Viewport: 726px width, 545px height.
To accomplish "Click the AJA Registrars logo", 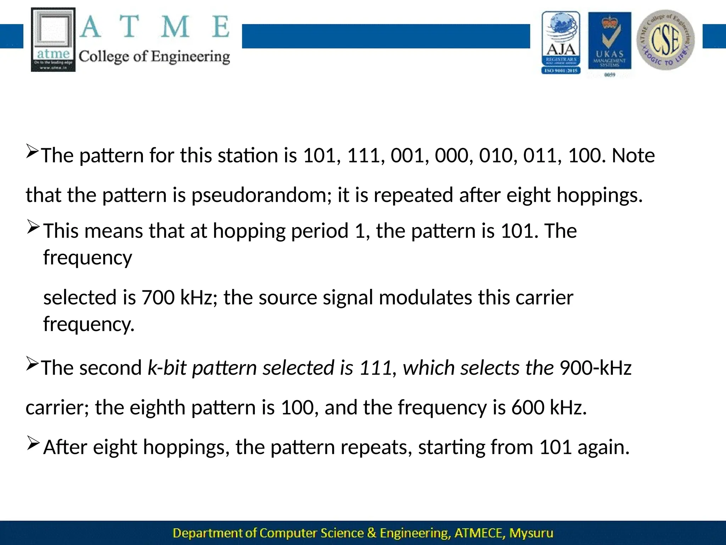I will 561,43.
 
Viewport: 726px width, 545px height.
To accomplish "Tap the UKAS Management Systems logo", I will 610,43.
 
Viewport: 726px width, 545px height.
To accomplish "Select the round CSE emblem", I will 665,40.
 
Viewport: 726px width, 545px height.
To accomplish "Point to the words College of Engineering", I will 154,57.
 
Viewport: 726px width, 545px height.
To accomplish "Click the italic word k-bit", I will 167,368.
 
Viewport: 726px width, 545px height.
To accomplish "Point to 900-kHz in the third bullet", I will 596,368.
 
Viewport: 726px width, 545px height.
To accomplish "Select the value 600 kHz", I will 548,407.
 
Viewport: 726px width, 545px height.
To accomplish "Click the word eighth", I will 157,407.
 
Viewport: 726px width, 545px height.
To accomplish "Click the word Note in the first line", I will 633,156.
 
